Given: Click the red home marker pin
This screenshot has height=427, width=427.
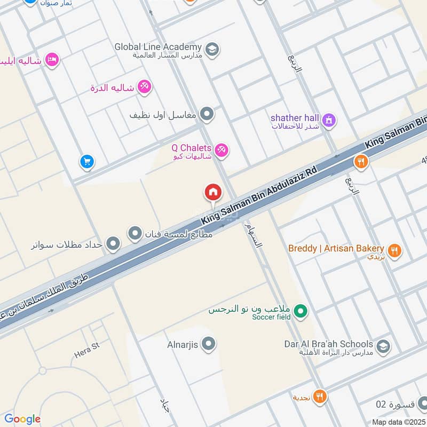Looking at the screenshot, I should pyautogui.click(x=212, y=192).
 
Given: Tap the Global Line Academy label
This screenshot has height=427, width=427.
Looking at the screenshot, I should pyautogui.click(x=158, y=47).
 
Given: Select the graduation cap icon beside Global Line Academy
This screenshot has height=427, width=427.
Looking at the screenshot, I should pyautogui.click(x=212, y=50).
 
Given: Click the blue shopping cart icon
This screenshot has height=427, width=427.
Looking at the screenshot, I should pyautogui.click(x=87, y=161).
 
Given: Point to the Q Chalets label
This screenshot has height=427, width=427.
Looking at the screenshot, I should pyautogui.click(x=191, y=147).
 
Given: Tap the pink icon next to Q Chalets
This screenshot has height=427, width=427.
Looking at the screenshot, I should pyautogui.click(x=222, y=151).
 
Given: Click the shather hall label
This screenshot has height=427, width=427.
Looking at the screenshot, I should pyautogui.click(x=295, y=117).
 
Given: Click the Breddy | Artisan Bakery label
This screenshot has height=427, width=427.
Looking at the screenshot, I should pyautogui.click(x=336, y=248).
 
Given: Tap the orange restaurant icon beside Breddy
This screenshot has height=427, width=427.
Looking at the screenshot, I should pyautogui.click(x=394, y=250).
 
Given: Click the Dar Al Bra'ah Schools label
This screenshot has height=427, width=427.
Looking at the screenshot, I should pyautogui.click(x=328, y=344).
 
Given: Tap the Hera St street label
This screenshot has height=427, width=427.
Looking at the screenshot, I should pyautogui.click(x=88, y=347).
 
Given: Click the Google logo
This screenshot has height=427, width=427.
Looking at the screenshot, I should pyautogui.click(x=22, y=419).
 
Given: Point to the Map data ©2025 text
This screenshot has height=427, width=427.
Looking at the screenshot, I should pyautogui.click(x=398, y=422).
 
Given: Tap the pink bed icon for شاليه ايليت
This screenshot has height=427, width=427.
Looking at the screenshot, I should pyautogui.click(x=52, y=60).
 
